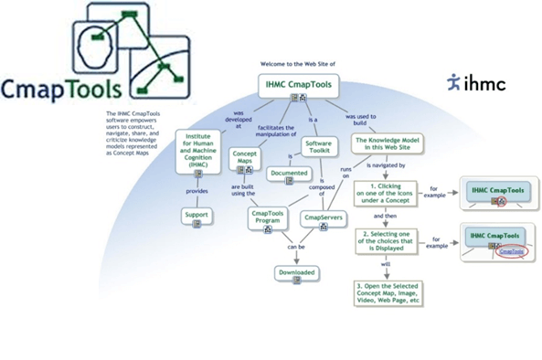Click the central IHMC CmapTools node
click(x=297, y=85)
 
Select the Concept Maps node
click(x=245, y=157)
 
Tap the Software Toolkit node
click(x=319, y=146)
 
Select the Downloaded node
click(x=297, y=271)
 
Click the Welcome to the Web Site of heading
click(x=296, y=64)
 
